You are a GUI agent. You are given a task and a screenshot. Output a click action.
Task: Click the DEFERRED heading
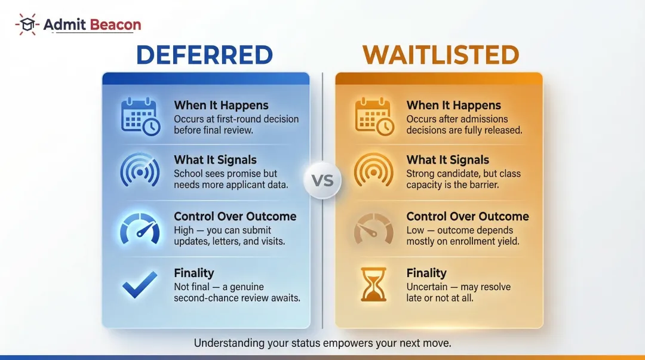tap(204, 55)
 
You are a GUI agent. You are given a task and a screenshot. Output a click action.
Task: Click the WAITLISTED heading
tap(440, 55)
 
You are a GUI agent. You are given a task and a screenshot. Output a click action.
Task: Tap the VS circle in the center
tap(322, 180)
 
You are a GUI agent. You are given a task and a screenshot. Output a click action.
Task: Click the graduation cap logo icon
tap(27, 25)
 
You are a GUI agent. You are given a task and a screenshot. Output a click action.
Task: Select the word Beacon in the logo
tap(116, 25)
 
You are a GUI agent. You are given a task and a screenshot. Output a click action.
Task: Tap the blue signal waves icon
tap(140, 171)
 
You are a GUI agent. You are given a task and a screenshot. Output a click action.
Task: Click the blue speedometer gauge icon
tap(140, 227)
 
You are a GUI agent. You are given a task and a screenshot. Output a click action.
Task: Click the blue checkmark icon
tap(140, 285)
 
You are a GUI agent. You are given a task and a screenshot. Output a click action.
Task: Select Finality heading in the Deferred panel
tap(193, 273)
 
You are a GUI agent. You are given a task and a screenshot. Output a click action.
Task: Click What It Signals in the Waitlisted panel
tap(447, 160)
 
